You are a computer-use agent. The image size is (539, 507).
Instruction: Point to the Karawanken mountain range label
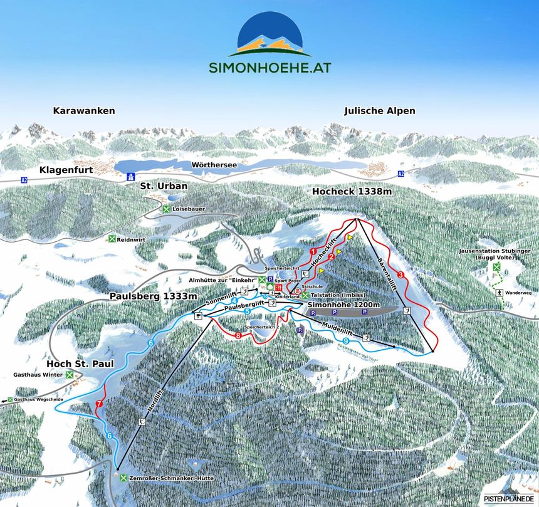[84, 111]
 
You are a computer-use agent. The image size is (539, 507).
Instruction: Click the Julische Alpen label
[380, 111]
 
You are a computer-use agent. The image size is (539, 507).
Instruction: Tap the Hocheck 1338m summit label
[352, 191]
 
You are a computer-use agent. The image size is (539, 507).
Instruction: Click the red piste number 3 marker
[400, 274]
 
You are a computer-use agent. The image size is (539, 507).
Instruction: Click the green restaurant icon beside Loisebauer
[165, 209]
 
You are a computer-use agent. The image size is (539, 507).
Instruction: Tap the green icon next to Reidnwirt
[112, 239]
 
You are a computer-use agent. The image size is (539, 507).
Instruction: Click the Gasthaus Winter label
[38, 375]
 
